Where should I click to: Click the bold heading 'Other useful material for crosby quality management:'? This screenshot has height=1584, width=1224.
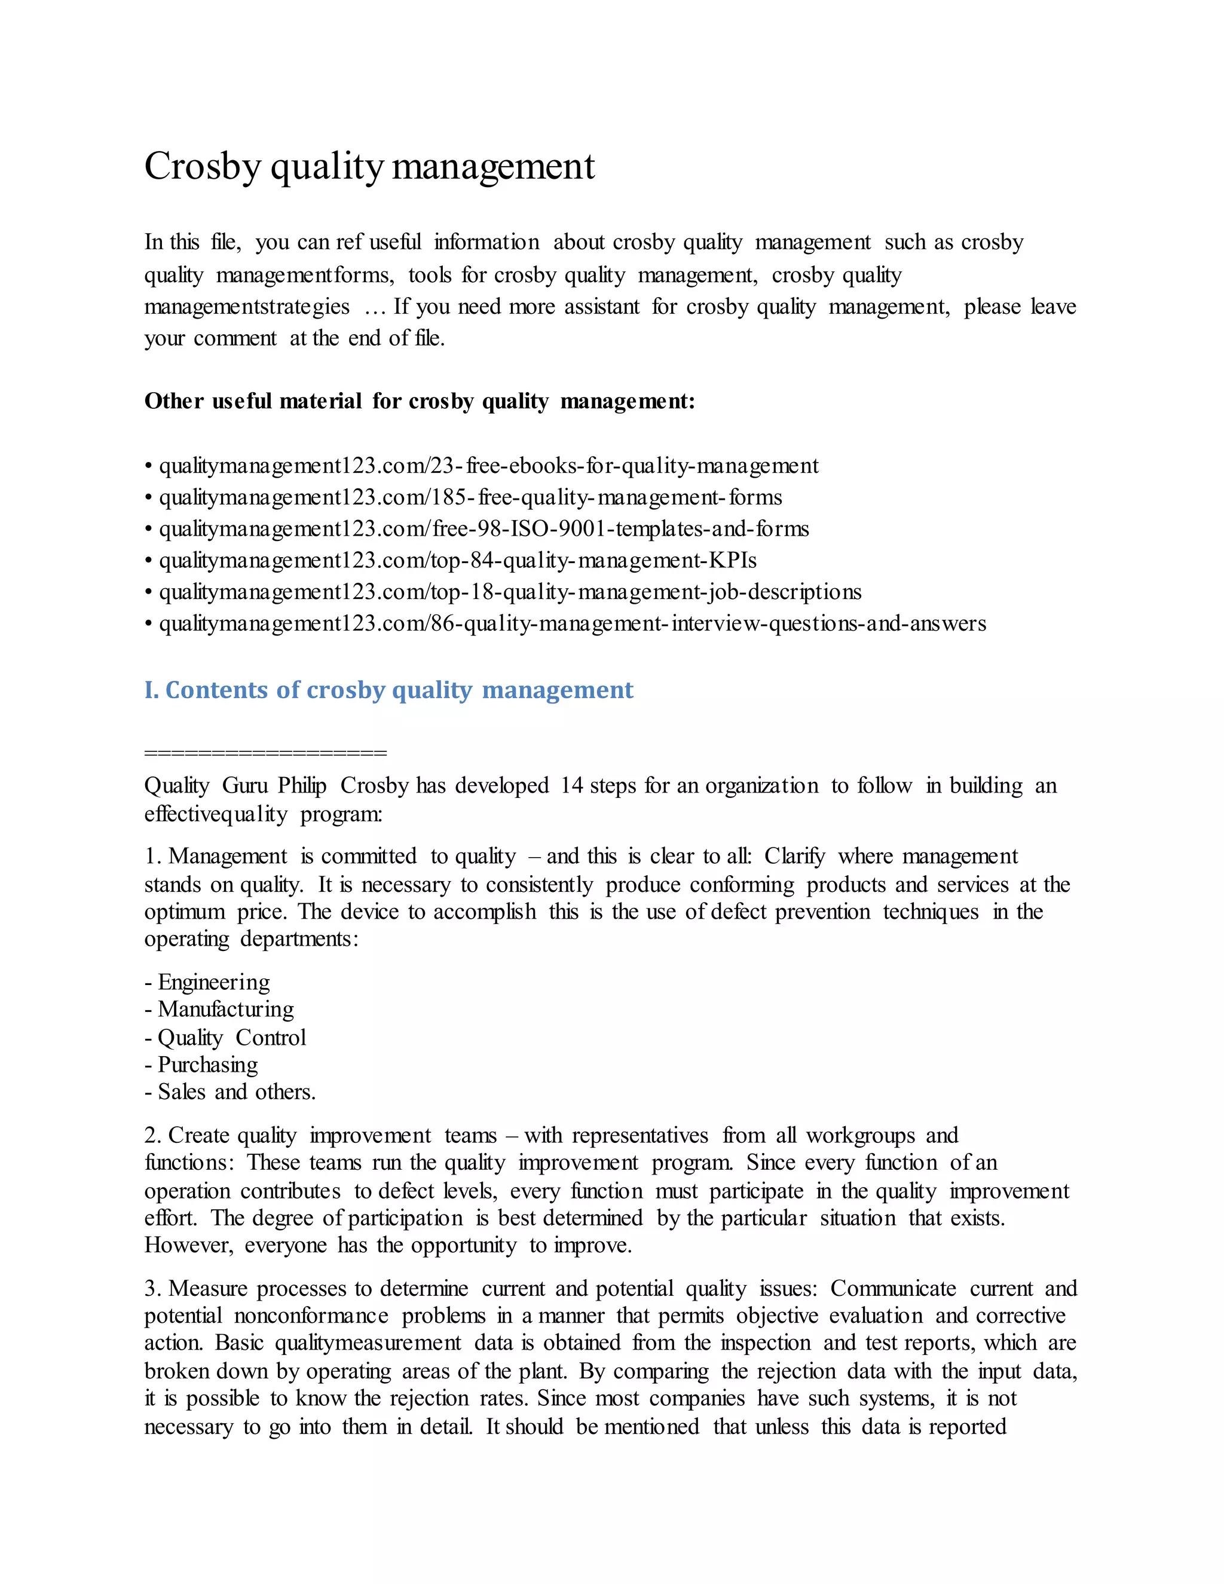(x=419, y=401)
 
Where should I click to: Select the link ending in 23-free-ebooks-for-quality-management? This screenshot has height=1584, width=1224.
(x=488, y=466)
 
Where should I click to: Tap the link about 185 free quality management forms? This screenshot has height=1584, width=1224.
(x=470, y=497)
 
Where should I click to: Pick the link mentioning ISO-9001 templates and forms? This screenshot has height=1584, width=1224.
(x=484, y=529)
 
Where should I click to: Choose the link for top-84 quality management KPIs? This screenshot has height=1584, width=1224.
(x=457, y=561)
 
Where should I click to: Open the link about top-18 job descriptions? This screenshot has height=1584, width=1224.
(x=510, y=592)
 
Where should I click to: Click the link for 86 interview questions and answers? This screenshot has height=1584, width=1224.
(x=572, y=623)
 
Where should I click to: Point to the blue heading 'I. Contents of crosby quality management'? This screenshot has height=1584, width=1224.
(x=388, y=690)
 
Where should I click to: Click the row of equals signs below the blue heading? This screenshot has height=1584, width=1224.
(x=265, y=753)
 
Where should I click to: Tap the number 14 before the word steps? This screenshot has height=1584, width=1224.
(x=571, y=785)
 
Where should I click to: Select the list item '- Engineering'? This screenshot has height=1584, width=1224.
(x=207, y=982)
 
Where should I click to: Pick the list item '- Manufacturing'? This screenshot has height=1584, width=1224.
(x=219, y=1010)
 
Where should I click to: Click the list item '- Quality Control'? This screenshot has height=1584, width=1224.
(x=225, y=1038)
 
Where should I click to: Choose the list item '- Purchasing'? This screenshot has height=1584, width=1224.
(x=201, y=1065)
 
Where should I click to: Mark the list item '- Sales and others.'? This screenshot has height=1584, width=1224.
(x=230, y=1092)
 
